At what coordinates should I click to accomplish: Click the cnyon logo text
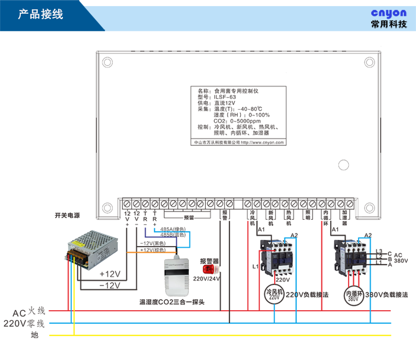pyautogui.click(x=388, y=12)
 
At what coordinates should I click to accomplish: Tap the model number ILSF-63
pyautogui.click(x=225, y=96)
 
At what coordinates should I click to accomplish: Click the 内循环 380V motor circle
pyautogui.click(x=353, y=295)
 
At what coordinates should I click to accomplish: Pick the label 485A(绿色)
pyautogui.click(x=172, y=229)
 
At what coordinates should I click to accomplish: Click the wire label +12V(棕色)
pyautogui.click(x=153, y=250)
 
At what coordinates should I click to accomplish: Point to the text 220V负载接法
pyautogui.click(x=307, y=294)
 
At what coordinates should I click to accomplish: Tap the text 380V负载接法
pyautogui.click(x=387, y=294)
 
